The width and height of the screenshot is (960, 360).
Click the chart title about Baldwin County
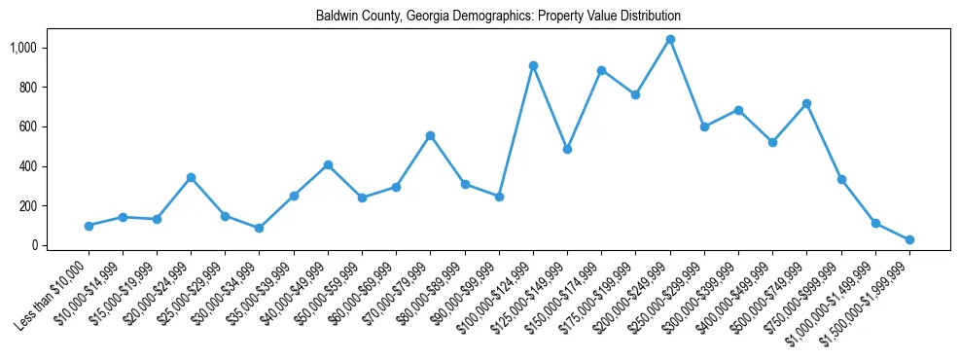(498, 17)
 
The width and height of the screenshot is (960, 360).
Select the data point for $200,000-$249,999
(670, 39)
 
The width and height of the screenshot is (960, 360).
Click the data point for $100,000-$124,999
(533, 65)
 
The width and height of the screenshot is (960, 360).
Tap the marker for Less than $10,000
(89, 226)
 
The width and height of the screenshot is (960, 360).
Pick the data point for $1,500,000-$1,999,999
(909, 239)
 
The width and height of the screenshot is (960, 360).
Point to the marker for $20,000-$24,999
(191, 177)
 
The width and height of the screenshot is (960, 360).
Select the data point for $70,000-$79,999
(430, 135)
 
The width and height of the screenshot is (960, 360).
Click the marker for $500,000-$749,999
(806, 103)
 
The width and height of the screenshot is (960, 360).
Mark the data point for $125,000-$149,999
(567, 149)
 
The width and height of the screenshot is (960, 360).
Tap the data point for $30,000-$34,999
(259, 228)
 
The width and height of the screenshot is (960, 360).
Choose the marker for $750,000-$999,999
(841, 179)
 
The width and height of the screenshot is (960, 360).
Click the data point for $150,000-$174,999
(601, 70)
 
